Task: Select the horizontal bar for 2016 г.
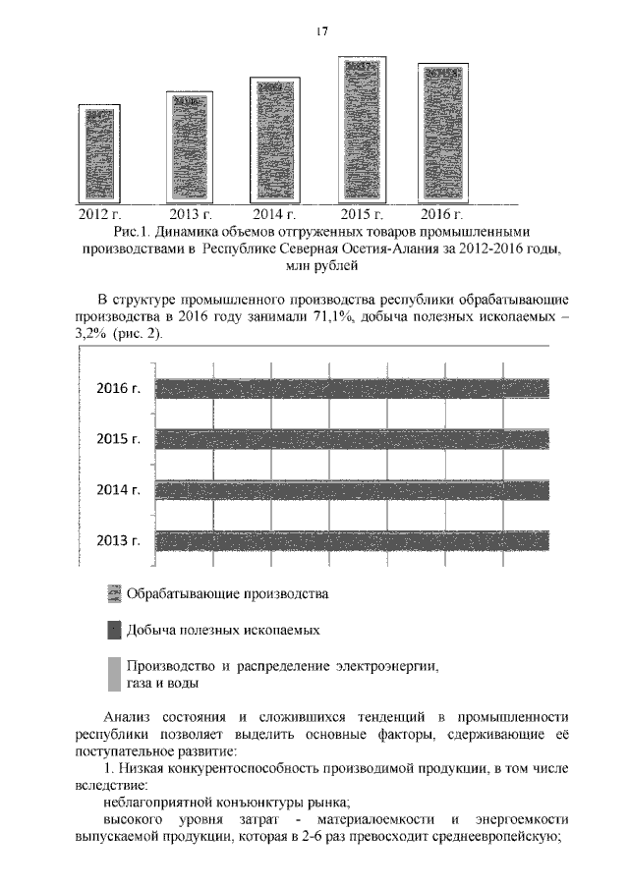tap(352, 388)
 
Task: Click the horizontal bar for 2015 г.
tap(352, 438)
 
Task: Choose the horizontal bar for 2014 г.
tap(352, 489)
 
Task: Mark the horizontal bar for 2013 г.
tap(352, 539)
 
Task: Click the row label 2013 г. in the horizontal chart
tap(119, 539)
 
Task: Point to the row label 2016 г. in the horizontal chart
tap(119, 388)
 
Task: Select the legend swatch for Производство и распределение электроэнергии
tap(114, 674)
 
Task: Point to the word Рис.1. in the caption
tap(130, 232)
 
